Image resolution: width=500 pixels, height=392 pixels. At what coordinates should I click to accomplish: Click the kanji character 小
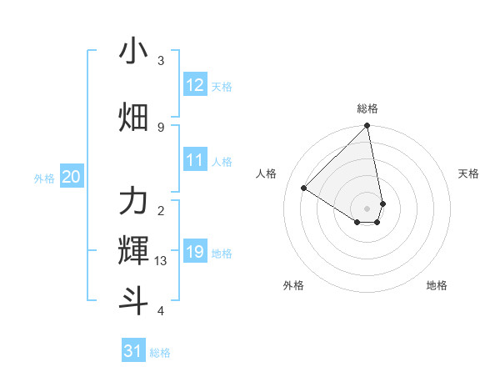133,53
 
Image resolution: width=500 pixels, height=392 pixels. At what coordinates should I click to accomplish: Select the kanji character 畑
133,118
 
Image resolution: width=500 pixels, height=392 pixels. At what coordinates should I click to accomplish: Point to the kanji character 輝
133,250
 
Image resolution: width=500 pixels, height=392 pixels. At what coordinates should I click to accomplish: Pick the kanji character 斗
133,300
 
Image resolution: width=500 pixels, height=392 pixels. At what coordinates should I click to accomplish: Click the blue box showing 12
195,85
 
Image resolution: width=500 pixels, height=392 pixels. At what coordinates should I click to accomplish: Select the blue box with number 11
195,160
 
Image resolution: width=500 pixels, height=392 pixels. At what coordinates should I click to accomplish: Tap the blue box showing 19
195,252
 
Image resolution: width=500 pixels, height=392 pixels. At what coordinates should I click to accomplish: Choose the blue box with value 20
72,177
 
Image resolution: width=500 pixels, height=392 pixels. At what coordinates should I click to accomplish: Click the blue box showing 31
133,351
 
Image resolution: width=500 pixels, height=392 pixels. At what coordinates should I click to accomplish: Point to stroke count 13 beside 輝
161,261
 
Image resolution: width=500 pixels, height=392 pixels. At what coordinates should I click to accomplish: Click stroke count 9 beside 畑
161,127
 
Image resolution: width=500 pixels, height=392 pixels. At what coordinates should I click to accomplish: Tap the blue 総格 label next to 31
160,353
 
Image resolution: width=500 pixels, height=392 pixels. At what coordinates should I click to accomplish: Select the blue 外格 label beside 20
44,178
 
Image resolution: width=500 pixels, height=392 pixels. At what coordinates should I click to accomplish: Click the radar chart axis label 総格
367,108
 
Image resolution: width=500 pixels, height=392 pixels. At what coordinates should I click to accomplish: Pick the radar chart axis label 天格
468,173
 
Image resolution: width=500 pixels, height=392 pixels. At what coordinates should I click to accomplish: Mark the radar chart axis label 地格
437,285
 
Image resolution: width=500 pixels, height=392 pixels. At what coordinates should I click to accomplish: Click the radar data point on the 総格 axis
367,127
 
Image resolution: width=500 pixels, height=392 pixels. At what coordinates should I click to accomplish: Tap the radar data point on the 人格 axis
304,188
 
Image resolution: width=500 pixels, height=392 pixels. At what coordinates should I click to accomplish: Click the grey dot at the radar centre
367,208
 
